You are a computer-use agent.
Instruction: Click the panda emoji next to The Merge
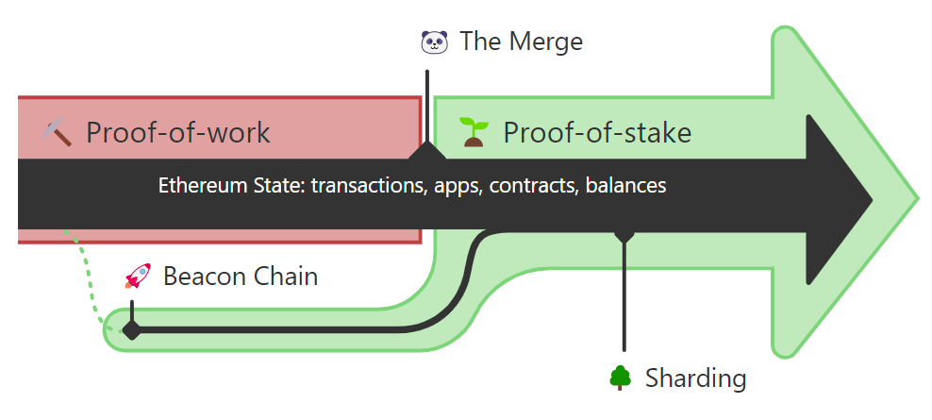pyautogui.click(x=434, y=42)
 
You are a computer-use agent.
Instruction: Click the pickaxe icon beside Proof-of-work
pyautogui.click(x=58, y=132)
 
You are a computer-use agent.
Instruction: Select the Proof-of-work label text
pyautogui.click(x=178, y=132)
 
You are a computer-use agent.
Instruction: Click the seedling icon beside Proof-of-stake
pyautogui.click(x=474, y=132)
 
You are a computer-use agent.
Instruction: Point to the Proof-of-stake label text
pyautogui.click(x=597, y=132)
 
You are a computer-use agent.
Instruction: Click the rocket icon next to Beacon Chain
pyautogui.click(x=138, y=276)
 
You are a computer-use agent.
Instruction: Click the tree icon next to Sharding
pyautogui.click(x=620, y=378)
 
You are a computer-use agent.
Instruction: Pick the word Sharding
pyautogui.click(x=695, y=378)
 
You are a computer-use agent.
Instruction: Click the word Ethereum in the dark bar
pyautogui.click(x=191, y=186)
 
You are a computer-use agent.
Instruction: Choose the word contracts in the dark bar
pyautogui.click(x=534, y=186)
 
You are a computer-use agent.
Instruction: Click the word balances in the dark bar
pyautogui.click(x=625, y=186)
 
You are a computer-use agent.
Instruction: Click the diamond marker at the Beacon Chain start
pyautogui.click(x=132, y=329)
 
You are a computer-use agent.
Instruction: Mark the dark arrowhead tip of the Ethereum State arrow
pyautogui.click(x=873, y=200)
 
